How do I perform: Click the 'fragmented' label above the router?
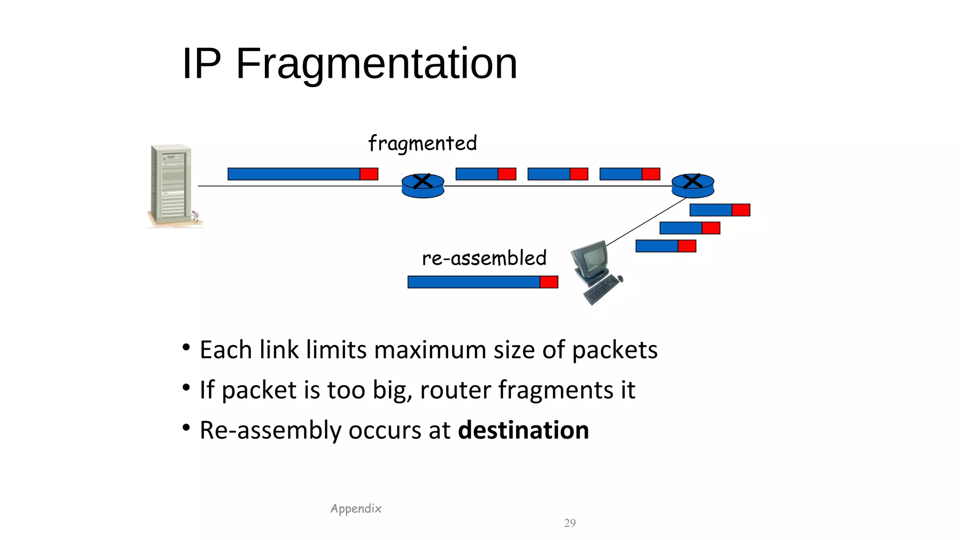click(x=422, y=143)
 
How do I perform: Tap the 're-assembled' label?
click(x=484, y=258)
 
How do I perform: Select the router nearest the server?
click(x=423, y=186)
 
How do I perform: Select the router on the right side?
click(x=692, y=186)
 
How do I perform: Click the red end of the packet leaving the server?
click(x=369, y=174)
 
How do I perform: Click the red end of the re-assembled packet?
click(x=548, y=282)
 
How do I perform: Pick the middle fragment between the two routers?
click(x=557, y=174)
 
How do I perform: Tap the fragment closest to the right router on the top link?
click(x=630, y=174)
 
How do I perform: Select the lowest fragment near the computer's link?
click(x=666, y=246)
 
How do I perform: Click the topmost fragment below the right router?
click(x=720, y=210)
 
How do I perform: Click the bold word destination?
click(x=523, y=430)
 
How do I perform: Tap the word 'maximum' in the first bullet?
click(x=430, y=350)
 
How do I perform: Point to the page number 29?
click(x=570, y=523)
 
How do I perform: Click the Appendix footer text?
click(x=356, y=509)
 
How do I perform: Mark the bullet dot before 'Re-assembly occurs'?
click(x=186, y=427)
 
